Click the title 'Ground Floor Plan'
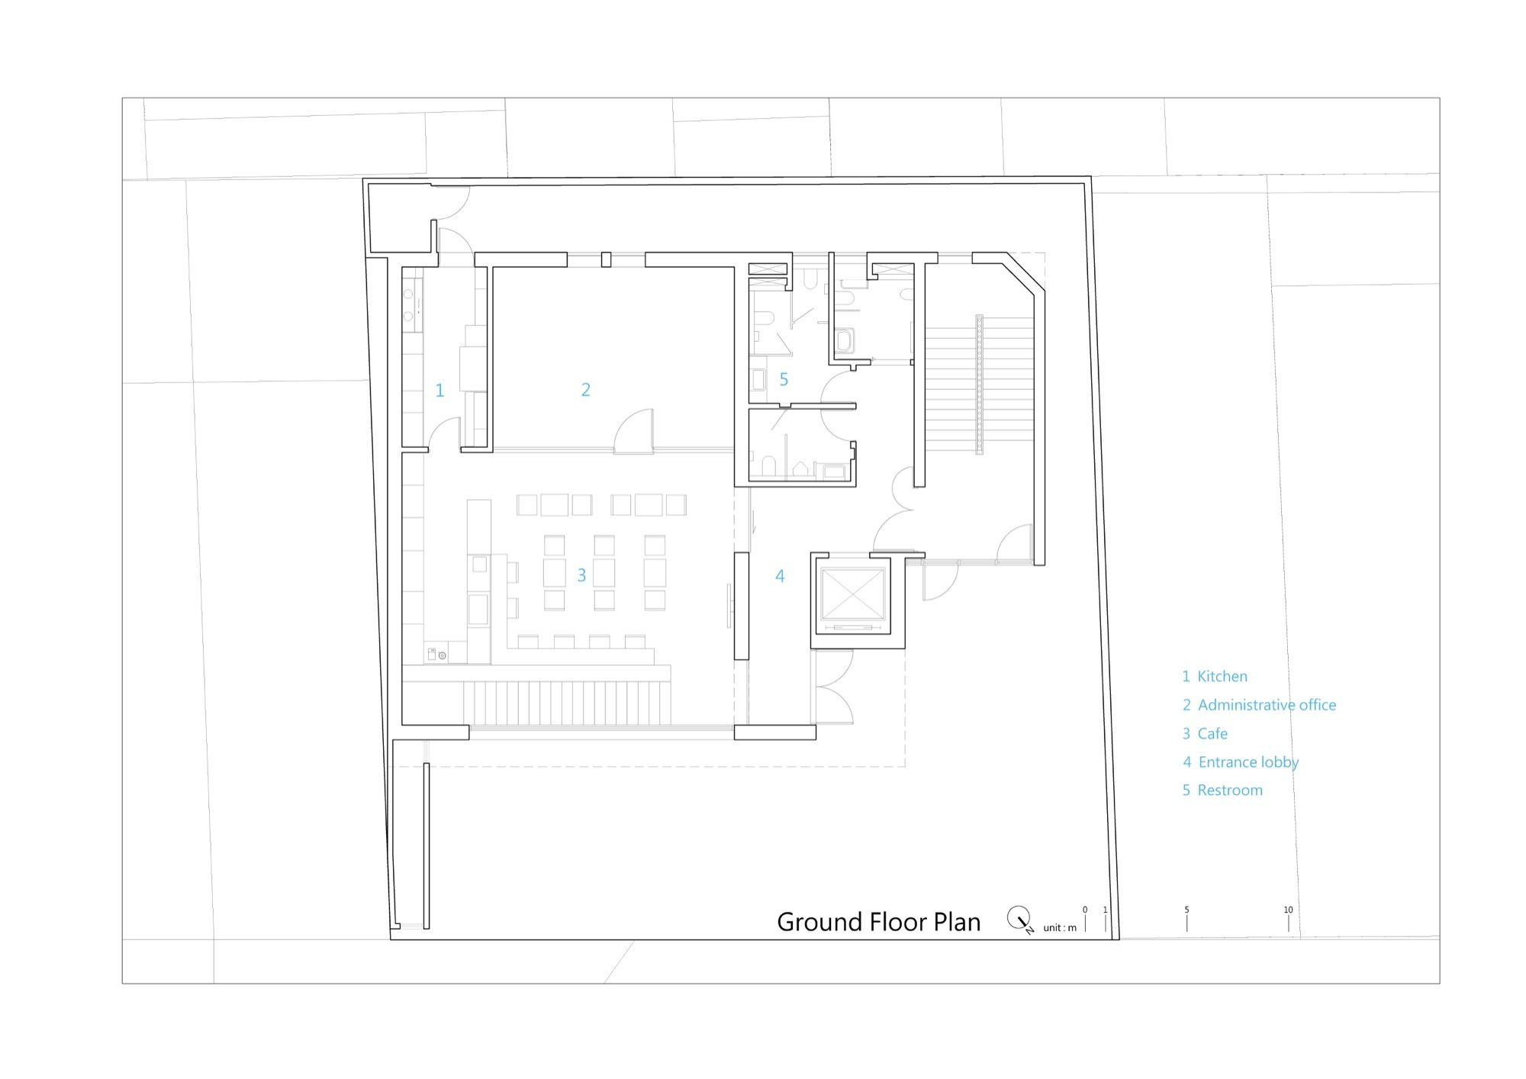pos(878,922)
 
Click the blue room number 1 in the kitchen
pos(439,391)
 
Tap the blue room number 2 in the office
pos(586,390)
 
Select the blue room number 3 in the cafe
pos(581,575)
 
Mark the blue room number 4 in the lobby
pos(780,576)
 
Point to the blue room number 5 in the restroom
pos(784,379)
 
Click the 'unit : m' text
pos(1060,928)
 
